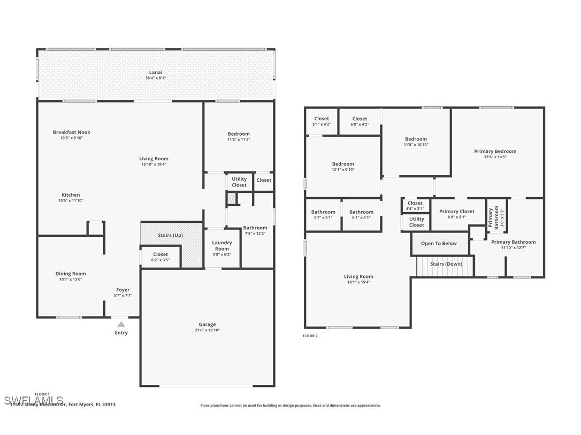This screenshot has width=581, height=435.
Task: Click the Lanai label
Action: coord(155,72)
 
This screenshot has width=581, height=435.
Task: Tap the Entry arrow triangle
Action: coord(121,324)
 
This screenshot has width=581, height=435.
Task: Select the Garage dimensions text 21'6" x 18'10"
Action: coord(207,330)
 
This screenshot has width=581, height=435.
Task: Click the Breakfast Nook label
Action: coord(72,132)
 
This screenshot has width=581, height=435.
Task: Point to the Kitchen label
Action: coord(71,195)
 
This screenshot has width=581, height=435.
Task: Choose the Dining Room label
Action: coord(71,274)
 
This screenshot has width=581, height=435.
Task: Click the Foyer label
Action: coord(123,290)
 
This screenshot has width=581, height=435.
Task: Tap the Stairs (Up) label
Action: coord(170,235)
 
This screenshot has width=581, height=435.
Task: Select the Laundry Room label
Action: coord(221,246)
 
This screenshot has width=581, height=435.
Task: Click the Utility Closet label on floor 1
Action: coord(239,182)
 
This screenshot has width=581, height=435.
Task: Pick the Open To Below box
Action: coord(439,244)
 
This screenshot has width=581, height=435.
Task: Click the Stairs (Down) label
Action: coord(446,264)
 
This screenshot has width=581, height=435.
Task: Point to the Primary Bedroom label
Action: coord(495,151)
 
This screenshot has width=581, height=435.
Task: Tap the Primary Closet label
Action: coord(456,212)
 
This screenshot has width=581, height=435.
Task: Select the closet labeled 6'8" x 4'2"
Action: coord(360,122)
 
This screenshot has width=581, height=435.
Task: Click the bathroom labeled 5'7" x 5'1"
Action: coord(323,215)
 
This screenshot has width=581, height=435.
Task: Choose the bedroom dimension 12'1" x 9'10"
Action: coord(343,170)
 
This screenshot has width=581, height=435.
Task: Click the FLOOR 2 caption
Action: coord(310,336)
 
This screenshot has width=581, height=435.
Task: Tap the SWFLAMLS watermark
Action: coord(33,400)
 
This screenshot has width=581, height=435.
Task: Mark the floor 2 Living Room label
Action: coord(358,276)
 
